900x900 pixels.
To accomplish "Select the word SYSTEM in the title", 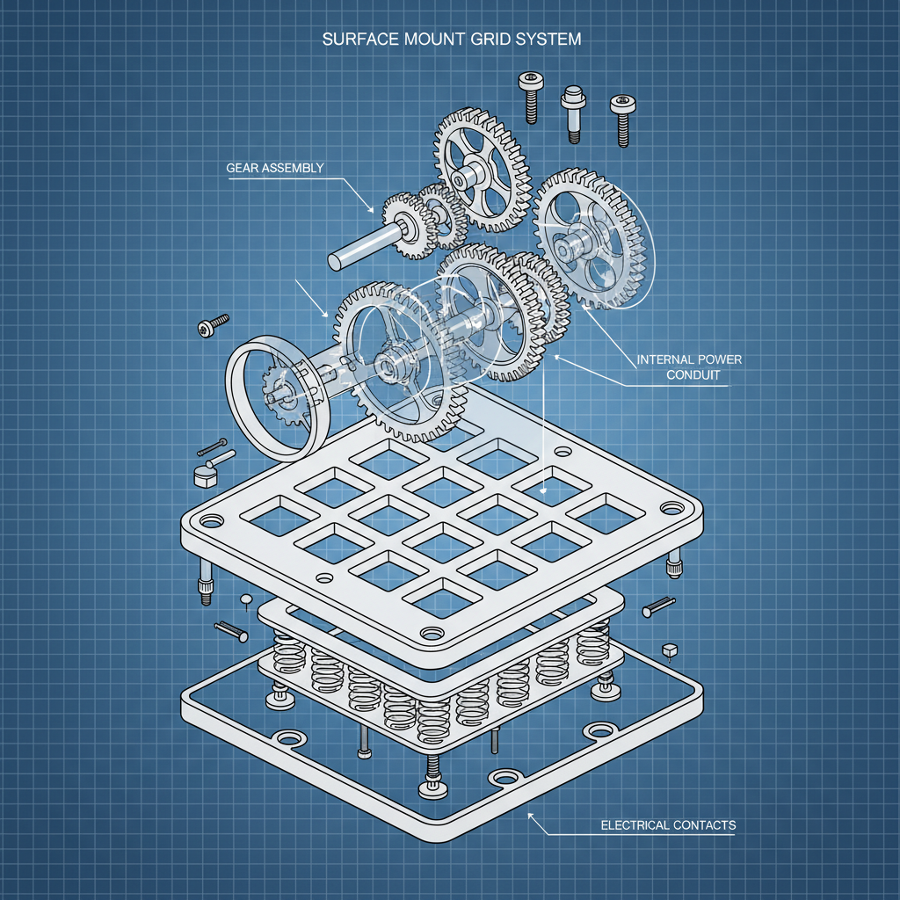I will [x=546, y=40].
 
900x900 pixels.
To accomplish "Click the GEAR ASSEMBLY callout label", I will [x=275, y=167].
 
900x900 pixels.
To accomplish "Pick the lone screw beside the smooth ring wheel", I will [x=213, y=325].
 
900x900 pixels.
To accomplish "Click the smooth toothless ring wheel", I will [x=273, y=400].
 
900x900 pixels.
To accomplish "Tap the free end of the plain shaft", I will [x=337, y=261].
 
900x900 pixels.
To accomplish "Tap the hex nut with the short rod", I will [x=204, y=475].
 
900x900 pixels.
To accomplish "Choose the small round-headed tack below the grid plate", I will [x=246, y=600].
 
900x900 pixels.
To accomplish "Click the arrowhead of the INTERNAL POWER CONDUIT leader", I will [x=556, y=357].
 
